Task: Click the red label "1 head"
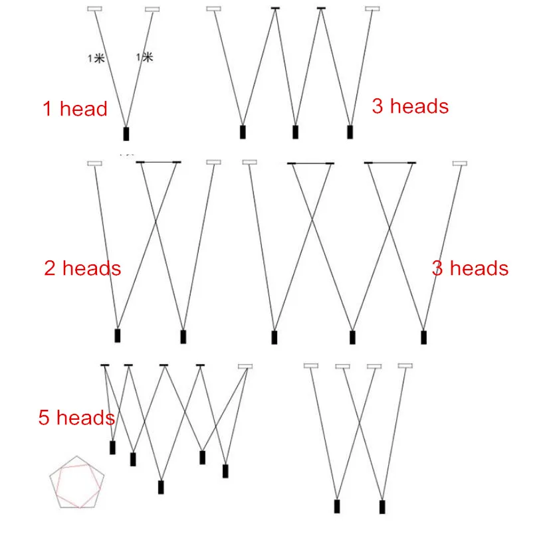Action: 75,109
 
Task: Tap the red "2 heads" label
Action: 82,268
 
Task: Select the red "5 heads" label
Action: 76,418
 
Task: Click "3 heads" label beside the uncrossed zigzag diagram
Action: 409,106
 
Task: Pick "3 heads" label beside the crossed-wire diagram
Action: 470,268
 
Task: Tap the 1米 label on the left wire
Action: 96,58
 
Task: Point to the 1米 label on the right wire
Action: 144,58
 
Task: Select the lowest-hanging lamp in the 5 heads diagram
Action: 161,487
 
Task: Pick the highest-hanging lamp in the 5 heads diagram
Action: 112,446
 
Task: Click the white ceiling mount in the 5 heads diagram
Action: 246,366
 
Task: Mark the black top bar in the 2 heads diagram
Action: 158,161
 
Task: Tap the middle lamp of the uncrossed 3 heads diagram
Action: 295,132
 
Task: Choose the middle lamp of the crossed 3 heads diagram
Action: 353,337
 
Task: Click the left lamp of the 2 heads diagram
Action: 118,335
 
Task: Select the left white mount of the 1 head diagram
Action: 95,9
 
